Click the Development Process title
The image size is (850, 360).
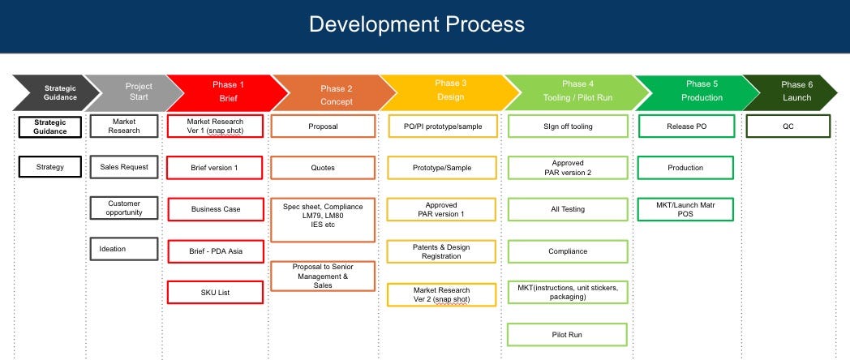(416, 24)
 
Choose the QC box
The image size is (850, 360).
(788, 126)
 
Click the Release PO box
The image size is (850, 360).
(685, 126)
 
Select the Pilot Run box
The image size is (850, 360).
(567, 334)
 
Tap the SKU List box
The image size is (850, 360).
(215, 292)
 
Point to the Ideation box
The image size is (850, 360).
(123, 249)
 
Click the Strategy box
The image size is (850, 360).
(50, 168)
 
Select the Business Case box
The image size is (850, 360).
(215, 209)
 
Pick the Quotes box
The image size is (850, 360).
(323, 168)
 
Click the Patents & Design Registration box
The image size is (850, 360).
(442, 251)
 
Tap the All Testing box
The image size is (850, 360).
(567, 209)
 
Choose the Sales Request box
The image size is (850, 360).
(123, 167)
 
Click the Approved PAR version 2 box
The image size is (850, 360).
(567, 168)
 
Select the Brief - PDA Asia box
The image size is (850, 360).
(215, 251)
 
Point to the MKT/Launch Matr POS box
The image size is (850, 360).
(685, 209)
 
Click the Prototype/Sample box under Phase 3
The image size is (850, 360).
(442, 168)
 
